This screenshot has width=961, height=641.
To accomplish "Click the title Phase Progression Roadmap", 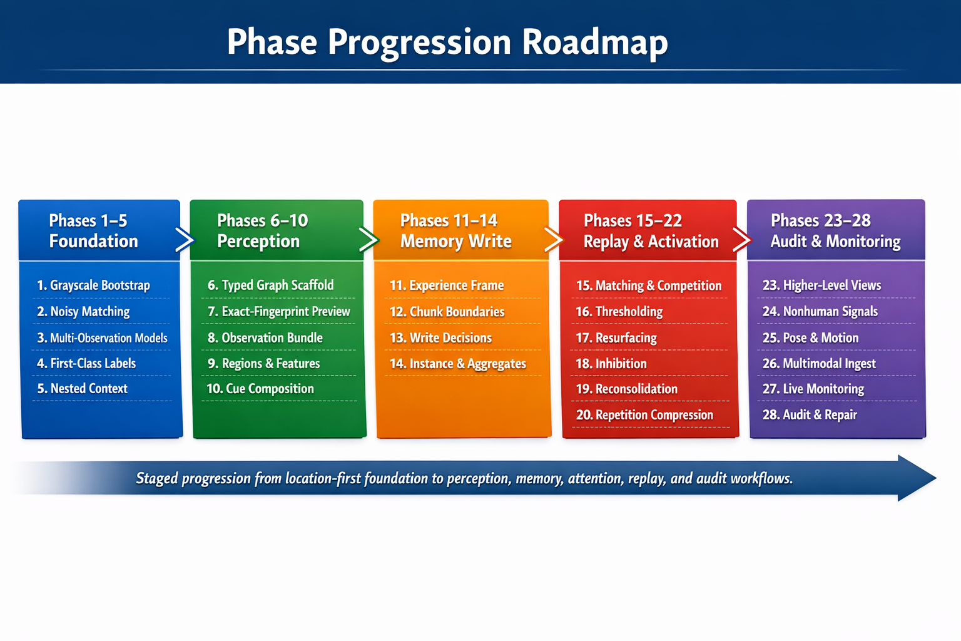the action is tap(447, 43).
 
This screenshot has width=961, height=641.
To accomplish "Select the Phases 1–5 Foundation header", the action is tap(93, 230).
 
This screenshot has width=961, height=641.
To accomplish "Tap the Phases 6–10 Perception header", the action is tap(263, 230).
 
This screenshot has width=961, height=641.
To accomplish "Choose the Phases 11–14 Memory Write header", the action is tap(455, 230).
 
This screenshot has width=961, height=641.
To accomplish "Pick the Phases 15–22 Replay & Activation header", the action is tap(651, 230).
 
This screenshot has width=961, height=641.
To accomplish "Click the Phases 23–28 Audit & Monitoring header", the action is tap(835, 230).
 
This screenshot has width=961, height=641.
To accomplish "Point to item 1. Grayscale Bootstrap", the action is tap(93, 285).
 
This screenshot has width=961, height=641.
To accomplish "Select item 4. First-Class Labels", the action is tap(86, 364).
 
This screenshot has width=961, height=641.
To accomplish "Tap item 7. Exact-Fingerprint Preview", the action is tap(279, 312).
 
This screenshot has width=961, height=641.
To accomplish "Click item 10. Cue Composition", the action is tap(260, 389).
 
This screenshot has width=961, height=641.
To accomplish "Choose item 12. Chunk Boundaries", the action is tap(447, 312).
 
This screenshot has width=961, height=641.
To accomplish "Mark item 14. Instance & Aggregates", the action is tap(458, 364).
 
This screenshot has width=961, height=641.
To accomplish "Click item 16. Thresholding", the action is tap(619, 312).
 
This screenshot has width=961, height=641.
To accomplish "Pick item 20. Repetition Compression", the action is tap(644, 415).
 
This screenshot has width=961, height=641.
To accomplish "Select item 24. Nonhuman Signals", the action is tap(820, 312).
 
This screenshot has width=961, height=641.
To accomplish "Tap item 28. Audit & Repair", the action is tap(810, 415).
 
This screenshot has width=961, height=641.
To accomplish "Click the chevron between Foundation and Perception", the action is tap(185, 240).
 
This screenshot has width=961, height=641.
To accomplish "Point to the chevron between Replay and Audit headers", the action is tap(742, 240).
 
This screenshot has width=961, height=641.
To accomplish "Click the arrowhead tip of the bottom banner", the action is tap(936, 478).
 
